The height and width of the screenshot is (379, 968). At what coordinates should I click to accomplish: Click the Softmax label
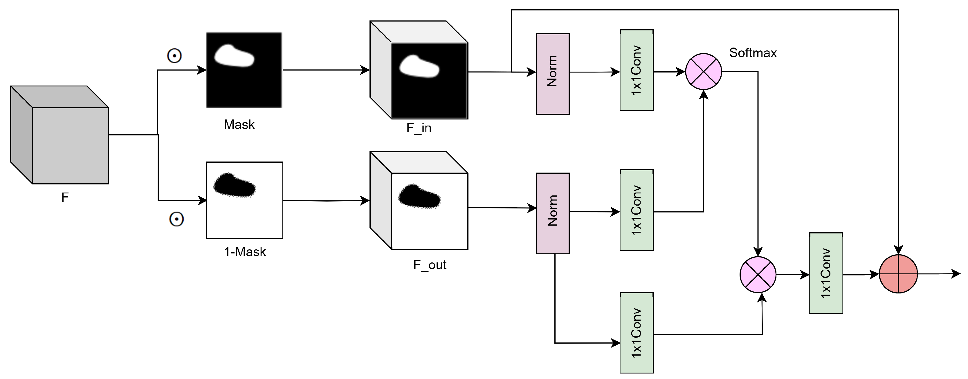point(753,52)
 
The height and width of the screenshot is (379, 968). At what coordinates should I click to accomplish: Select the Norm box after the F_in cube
point(552,74)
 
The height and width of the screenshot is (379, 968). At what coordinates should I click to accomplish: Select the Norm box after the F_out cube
point(552,213)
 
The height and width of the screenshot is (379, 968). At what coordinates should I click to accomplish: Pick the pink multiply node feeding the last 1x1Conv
point(758,274)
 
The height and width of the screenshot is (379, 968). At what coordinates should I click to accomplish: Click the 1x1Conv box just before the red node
point(825,273)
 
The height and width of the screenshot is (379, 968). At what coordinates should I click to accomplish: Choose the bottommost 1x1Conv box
point(636,333)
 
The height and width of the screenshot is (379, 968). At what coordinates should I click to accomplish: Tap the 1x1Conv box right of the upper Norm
point(636,70)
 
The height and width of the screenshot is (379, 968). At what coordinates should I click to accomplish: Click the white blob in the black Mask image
point(234,56)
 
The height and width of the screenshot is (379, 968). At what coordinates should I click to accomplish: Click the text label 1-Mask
point(245,251)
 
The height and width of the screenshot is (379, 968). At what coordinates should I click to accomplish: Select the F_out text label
point(430,265)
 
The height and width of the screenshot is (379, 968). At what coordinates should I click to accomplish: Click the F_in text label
point(419,128)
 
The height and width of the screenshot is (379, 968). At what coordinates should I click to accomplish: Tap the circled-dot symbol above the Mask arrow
point(174,56)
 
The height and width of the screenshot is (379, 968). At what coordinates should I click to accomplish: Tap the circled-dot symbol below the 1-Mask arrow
point(176,219)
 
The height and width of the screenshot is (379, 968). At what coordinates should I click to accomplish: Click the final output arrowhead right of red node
point(956,273)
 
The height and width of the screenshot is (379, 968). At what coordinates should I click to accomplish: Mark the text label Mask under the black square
point(239,125)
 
